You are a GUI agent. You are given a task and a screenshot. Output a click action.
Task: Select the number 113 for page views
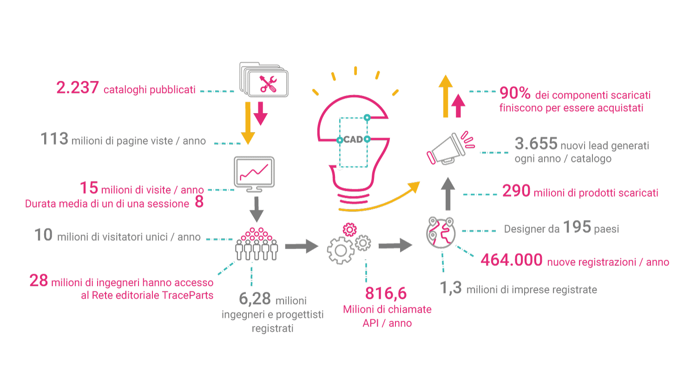coord(54,139)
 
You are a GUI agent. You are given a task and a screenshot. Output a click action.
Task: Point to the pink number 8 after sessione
coord(199,203)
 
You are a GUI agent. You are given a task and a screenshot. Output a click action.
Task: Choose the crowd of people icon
coord(256,244)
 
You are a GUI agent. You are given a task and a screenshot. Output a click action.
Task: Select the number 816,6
coord(386,293)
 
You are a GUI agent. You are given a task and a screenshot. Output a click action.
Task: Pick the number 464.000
coord(512,260)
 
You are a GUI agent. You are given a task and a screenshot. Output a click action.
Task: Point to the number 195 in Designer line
coord(577,228)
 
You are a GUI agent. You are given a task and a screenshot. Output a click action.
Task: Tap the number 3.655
coord(536,144)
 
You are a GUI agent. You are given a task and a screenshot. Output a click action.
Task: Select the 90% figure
coord(515,94)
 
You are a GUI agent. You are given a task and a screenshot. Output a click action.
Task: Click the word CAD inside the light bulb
coord(353,139)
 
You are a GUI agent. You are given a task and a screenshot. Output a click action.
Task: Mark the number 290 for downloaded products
coord(516,191)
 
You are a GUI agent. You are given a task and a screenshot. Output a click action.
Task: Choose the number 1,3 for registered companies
coord(451,288)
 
